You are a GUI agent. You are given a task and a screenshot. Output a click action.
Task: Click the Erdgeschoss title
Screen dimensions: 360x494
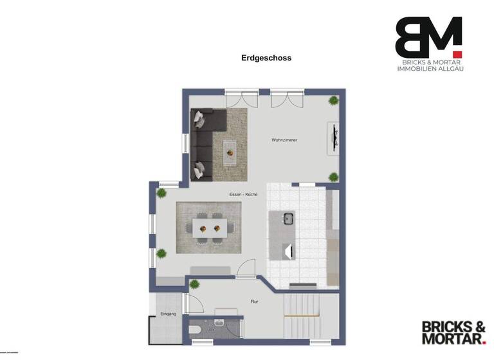(266, 58)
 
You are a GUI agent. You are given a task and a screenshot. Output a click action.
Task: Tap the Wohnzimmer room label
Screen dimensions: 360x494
(284, 139)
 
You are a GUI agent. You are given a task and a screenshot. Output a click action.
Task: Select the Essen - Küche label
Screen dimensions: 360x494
(243, 194)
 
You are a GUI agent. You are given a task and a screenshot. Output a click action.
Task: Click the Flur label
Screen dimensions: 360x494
(255, 300)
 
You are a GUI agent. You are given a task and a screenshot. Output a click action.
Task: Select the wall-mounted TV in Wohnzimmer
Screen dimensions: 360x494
(334, 138)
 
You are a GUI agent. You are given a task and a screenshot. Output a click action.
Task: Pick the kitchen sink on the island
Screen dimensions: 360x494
(288, 218)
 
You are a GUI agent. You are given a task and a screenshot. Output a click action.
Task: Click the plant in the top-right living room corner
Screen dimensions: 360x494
(333, 100)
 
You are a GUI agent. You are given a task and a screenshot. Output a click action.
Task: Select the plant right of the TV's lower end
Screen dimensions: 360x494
(333, 177)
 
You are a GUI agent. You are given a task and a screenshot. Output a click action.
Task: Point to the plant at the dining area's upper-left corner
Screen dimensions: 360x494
(161, 192)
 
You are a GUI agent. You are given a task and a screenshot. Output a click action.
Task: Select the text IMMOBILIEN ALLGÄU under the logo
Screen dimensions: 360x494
(428, 68)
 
